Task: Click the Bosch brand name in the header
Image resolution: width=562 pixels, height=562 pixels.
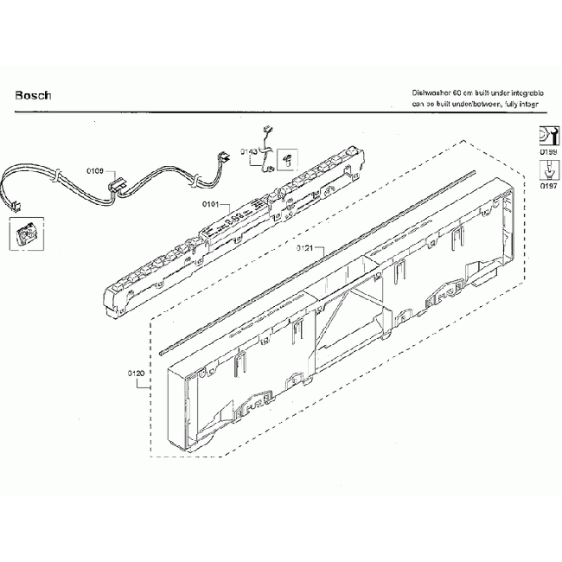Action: [x=33, y=95]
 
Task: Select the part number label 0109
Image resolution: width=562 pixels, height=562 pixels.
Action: [x=95, y=170]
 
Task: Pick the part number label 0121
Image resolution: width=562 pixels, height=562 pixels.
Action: [x=303, y=249]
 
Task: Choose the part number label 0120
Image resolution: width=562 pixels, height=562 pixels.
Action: [x=135, y=374]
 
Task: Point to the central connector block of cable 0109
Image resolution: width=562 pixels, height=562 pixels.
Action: [x=117, y=185]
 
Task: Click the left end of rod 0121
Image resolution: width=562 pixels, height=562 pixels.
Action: [x=163, y=350]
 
